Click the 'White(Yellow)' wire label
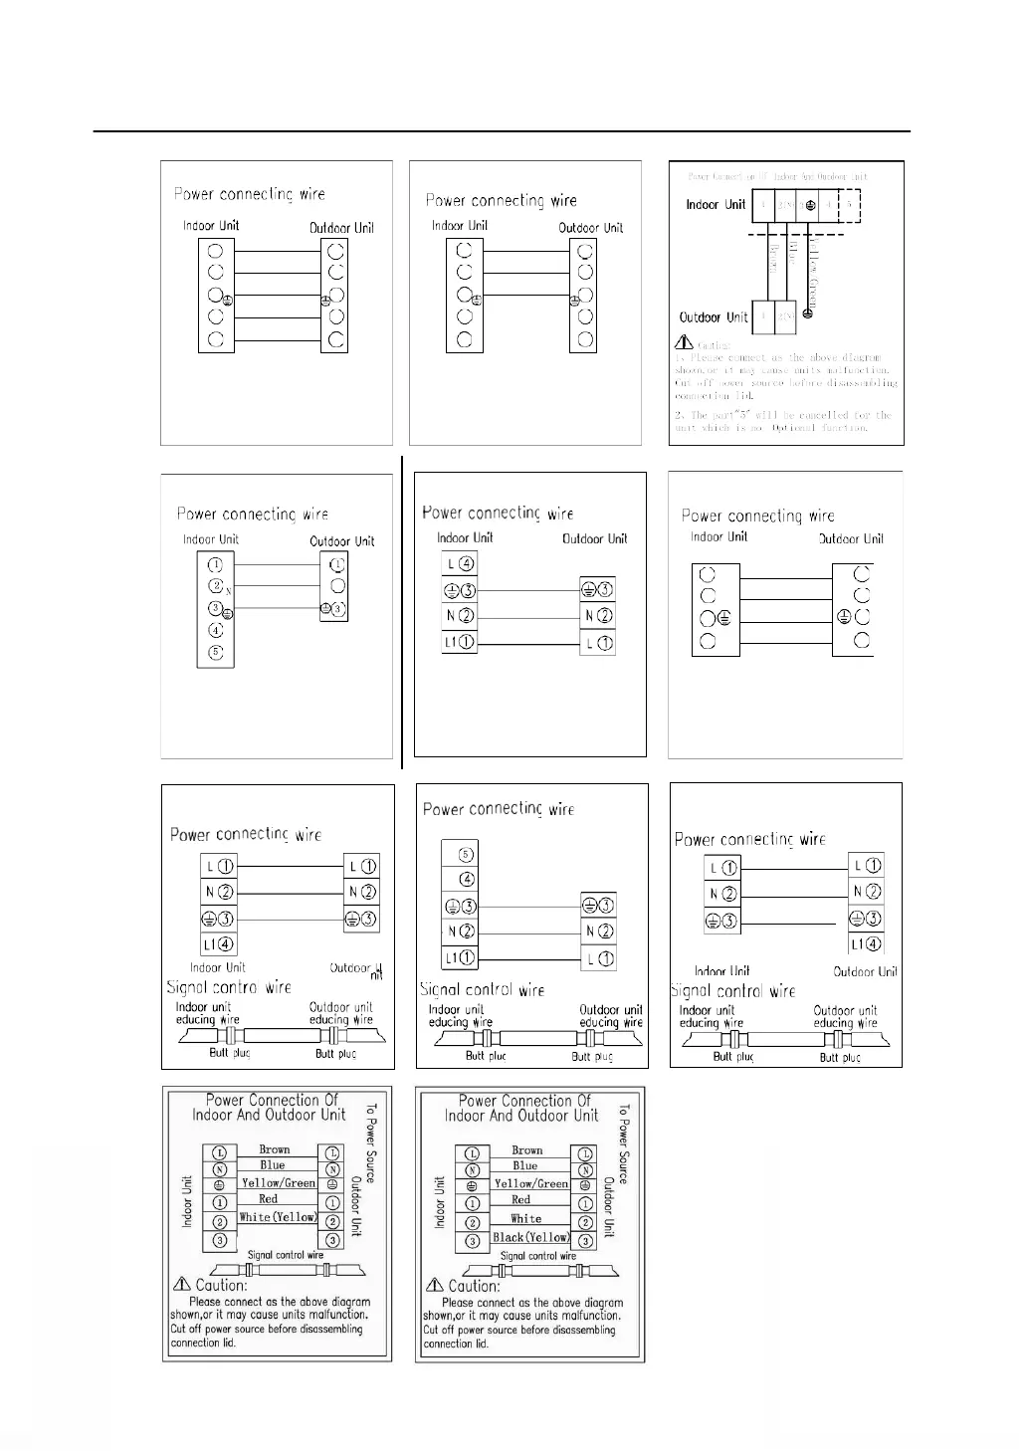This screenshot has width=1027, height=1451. tap(278, 1217)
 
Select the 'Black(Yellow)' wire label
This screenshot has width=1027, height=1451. tap(531, 1237)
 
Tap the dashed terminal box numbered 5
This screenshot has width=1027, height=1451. tap(849, 205)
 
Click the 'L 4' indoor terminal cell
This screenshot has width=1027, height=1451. tap(459, 564)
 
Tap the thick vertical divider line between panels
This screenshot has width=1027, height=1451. tap(402, 612)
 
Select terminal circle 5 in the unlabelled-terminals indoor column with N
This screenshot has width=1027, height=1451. tap(216, 653)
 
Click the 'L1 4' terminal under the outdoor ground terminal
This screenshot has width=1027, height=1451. tap(866, 944)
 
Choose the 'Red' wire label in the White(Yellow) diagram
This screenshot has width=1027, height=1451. tap(269, 1199)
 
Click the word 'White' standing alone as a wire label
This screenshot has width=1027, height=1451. tap(526, 1218)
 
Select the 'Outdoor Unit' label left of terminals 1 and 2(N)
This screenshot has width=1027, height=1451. tap(713, 317)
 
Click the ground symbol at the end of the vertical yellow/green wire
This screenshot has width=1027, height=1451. tap(808, 313)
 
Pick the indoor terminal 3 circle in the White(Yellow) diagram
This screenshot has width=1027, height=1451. tap(220, 1240)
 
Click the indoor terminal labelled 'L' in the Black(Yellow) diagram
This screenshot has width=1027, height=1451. tap(472, 1154)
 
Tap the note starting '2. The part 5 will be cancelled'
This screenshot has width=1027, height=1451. tap(782, 421)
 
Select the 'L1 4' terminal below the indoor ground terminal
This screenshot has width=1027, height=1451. tap(218, 944)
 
